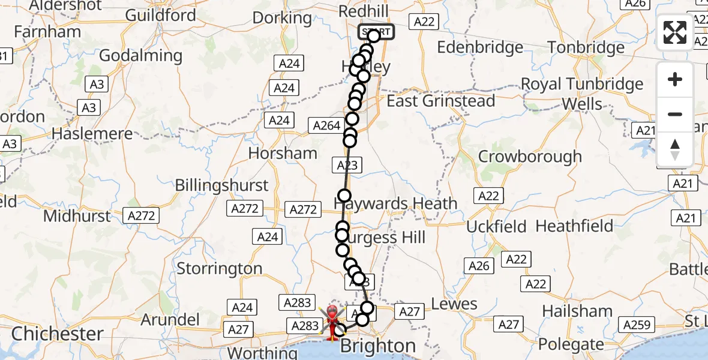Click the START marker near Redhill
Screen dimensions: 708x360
(x=377, y=32)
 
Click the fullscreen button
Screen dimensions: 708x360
(x=675, y=32)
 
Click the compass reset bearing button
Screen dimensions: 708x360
(x=675, y=149)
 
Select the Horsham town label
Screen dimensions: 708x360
(x=283, y=154)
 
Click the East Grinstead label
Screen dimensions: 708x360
(x=441, y=101)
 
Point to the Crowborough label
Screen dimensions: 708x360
(x=530, y=157)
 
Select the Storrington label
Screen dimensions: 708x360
(x=219, y=268)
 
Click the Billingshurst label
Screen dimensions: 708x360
(x=221, y=185)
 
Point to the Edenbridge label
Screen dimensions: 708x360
(x=481, y=47)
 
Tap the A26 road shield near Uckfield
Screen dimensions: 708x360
(x=479, y=266)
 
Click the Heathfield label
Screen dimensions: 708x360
(x=574, y=226)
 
